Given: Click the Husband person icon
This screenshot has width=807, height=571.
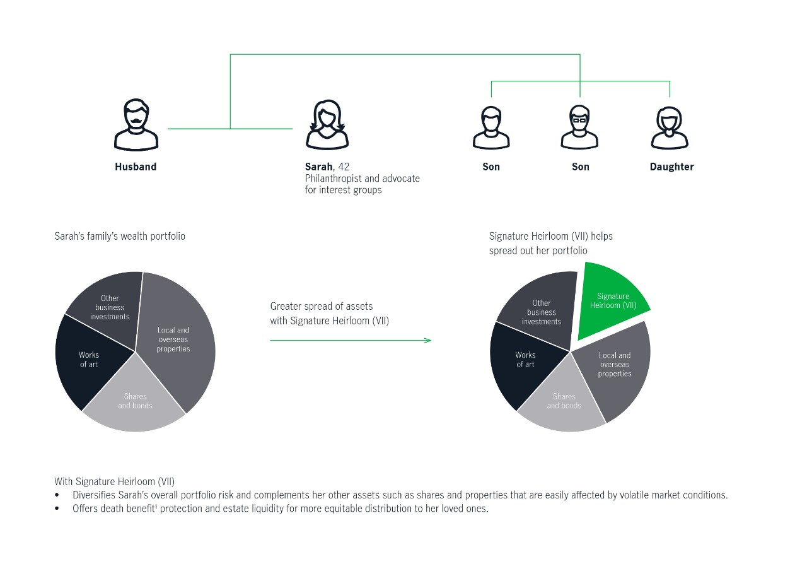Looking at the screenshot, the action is click(x=136, y=124).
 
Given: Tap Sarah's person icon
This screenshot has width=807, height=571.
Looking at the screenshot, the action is click(x=327, y=125).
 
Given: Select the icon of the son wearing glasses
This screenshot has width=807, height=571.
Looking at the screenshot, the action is click(x=579, y=127).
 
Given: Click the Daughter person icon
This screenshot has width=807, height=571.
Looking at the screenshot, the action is click(x=670, y=127).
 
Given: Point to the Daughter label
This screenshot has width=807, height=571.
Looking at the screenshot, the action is click(x=671, y=167).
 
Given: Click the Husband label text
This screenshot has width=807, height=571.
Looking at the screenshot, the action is click(x=136, y=167).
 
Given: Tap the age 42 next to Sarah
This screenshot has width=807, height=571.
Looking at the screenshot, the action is click(x=344, y=167).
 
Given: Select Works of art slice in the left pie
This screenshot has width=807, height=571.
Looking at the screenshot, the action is click(x=90, y=360).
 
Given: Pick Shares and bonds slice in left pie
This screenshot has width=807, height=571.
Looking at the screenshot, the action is click(x=135, y=400).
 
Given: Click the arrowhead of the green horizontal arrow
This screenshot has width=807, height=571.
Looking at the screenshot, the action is click(x=427, y=340).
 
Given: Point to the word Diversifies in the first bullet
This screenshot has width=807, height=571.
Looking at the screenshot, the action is click(x=94, y=495).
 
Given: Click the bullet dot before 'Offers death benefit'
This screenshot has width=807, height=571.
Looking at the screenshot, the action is click(x=57, y=509).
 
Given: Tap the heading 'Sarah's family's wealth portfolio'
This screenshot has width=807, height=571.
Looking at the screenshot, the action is click(x=120, y=236).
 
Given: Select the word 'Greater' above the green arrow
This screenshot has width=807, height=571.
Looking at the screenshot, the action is click(x=286, y=306).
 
